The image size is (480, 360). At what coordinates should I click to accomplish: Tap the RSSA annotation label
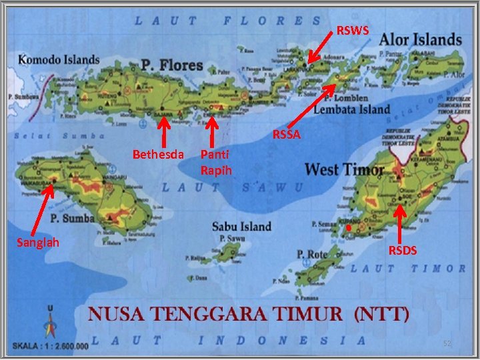point(287,135)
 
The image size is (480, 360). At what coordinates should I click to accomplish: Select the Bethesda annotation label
point(158,155)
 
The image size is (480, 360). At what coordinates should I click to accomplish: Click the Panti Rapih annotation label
point(216,163)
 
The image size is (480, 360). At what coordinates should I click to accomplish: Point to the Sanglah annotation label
point(37,242)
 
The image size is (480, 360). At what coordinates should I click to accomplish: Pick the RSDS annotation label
point(403,250)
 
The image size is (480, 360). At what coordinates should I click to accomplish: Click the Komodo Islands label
point(59,59)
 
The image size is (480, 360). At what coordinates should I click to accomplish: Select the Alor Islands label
point(420,40)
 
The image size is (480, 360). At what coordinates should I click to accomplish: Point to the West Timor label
point(344,169)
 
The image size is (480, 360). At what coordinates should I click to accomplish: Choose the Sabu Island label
point(241,226)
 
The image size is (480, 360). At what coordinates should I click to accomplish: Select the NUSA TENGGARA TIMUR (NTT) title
point(249,313)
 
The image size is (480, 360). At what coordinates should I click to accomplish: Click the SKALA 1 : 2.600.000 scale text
point(50,346)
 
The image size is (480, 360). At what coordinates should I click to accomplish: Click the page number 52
point(448,343)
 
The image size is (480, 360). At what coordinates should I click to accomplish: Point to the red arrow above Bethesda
point(163,130)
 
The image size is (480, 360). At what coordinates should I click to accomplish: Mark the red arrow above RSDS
point(399,223)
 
